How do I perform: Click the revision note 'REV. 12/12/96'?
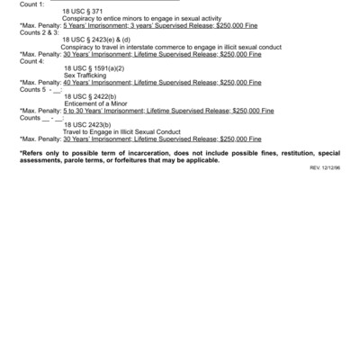click(327, 168)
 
